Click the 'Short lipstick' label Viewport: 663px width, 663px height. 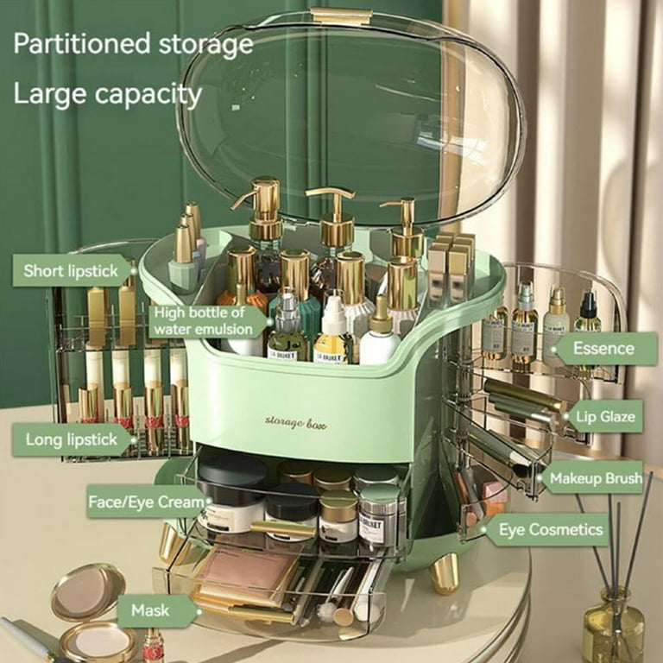(72, 270)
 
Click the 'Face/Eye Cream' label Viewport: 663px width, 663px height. (148, 501)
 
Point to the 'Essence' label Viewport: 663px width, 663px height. (604, 349)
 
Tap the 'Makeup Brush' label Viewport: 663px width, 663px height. (595, 477)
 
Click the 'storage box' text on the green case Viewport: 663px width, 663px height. (295, 420)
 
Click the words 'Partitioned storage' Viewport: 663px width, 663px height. (133, 44)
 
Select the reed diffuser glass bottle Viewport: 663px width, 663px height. (613, 626)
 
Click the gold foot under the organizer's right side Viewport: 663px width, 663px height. (445, 573)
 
